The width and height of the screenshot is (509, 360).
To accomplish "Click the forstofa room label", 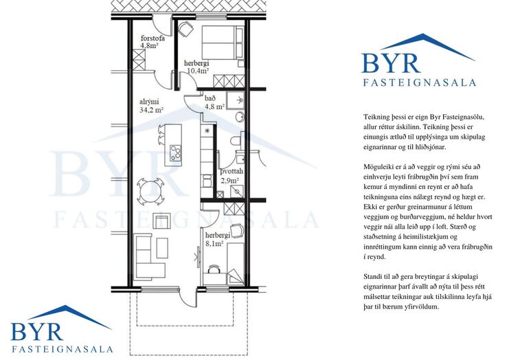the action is click(152, 38).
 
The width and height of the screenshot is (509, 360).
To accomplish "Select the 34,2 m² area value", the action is click(151, 110).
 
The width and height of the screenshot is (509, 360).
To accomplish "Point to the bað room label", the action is click(210, 98).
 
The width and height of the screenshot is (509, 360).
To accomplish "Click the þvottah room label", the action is click(231, 172).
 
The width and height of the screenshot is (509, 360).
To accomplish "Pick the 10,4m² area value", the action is click(198, 71).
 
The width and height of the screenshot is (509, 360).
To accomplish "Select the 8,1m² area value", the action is click(214, 243).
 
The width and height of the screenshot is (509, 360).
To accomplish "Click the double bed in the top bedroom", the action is click(223, 43).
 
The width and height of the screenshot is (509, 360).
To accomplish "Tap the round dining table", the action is click(150, 192).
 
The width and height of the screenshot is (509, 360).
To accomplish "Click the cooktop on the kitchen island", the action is click(176, 153).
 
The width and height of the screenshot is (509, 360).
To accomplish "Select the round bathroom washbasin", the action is click(240, 116).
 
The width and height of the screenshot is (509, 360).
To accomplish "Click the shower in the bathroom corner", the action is click(236, 100).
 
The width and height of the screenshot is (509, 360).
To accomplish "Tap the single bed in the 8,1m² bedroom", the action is click(235, 263).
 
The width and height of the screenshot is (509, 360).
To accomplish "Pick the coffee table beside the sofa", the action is click(162, 248).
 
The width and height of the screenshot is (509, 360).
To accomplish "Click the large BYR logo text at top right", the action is click(391, 63).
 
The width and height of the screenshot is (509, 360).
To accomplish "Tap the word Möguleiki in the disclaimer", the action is click(376, 167).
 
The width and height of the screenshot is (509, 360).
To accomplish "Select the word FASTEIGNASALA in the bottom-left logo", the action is click(63, 349).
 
